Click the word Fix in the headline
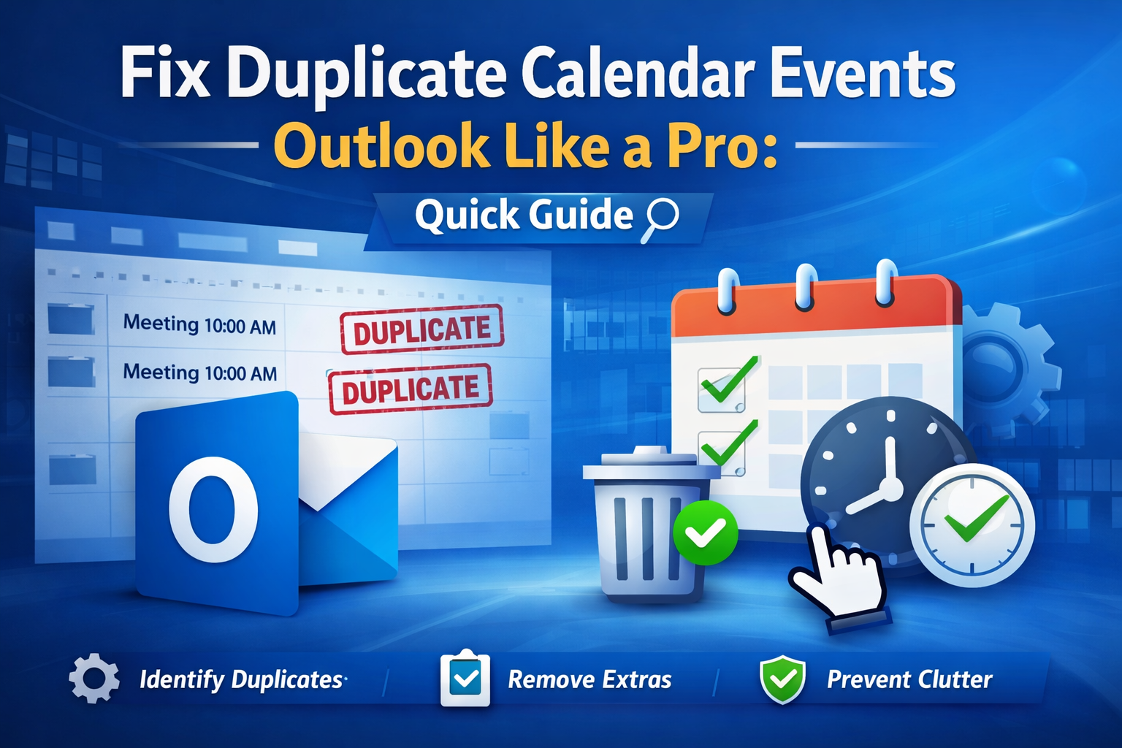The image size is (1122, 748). point(164,75)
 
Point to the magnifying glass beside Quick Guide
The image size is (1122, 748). point(660,219)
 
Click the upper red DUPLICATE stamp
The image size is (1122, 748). point(421,329)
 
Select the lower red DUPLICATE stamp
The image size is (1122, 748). point(411,389)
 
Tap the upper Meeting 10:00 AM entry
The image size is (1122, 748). point(199,324)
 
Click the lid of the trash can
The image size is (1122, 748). point(649,463)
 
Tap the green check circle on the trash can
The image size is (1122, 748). point(705,533)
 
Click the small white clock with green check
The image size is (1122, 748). point(972,525)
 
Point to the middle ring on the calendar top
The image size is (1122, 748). point(805,287)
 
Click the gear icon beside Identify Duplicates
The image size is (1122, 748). point(94,679)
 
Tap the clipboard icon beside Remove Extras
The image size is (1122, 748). point(465,677)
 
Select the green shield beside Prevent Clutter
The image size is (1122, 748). point(782,679)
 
